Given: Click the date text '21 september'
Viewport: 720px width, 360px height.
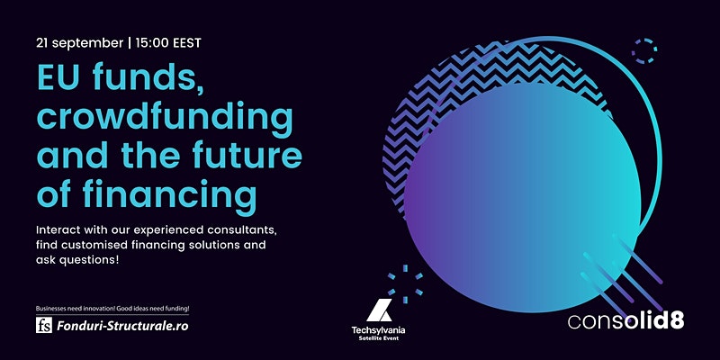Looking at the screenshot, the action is pyautogui.click(x=80, y=43).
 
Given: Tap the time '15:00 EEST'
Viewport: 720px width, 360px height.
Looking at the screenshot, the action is pyautogui.click(x=168, y=43).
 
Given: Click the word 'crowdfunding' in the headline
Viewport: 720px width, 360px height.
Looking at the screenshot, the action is pyautogui.click(x=165, y=117).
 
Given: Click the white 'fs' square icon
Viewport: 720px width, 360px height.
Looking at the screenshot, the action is pyautogui.click(x=44, y=325).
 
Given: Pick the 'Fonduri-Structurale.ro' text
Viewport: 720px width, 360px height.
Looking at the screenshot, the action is pyautogui.click(x=122, y=326).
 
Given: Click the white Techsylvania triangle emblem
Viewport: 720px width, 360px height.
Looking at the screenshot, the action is pyautogui.click(x=379, y=310).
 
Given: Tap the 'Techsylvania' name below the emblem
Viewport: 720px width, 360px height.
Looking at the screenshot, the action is pyautogui.click(x=378, y=330).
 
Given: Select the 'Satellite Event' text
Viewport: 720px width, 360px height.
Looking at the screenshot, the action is pyautogui.click(x=378, y=338).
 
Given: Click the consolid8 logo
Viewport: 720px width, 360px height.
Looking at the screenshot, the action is pyautogui.click(x=625, y=321).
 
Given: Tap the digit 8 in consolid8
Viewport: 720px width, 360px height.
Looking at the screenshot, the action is pyautogui.click(x=677, y=321).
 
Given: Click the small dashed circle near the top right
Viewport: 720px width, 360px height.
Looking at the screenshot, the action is pyautogui.click(x=644, y=50).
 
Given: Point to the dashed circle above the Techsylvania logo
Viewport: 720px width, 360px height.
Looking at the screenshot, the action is pyautogui.click(x=405, y=284).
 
